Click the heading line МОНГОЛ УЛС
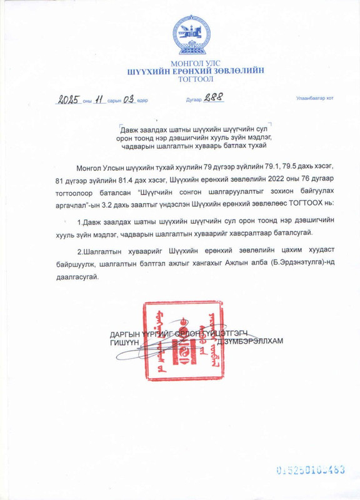point(179,64)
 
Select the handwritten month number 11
point(99,99)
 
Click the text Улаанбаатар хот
point(314,99)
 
